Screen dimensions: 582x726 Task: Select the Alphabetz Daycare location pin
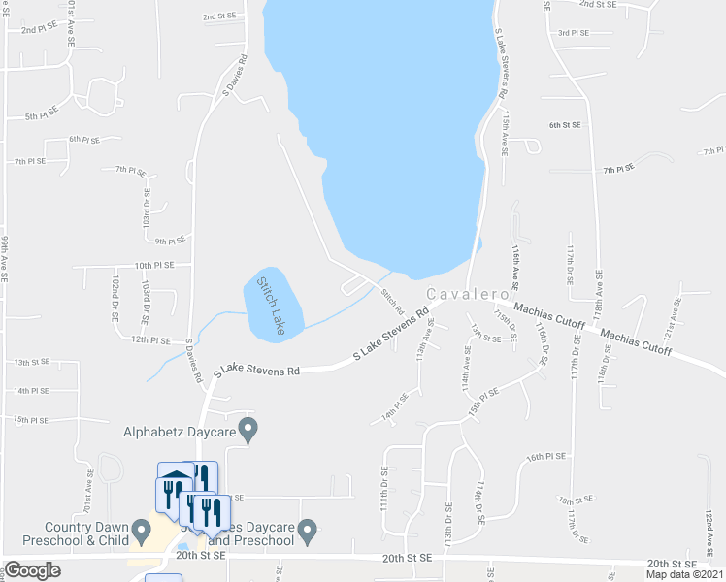pyautogui.click(x=248, y=427)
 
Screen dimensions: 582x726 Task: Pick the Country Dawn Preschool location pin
pyautogui.click(x=142, y=531)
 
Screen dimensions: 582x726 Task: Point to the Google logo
pyautogui.click(x=32, y=570)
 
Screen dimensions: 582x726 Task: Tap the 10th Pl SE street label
pyautogui.click(x=154, y=265)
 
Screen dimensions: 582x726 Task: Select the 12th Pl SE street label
pyautogui.click(x=152, y=340)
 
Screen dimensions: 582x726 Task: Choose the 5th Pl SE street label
pyautogui.click(x=43, y=116)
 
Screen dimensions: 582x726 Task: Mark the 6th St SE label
pyautogui.click(x=564, y=125)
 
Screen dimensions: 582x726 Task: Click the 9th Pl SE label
pyautogui.click(x=169, y=242)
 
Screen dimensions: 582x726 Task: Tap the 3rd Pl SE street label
pyautogui.click(x=574, y=33)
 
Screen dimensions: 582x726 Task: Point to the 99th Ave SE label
pyautogui.click(x=5, y=258)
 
